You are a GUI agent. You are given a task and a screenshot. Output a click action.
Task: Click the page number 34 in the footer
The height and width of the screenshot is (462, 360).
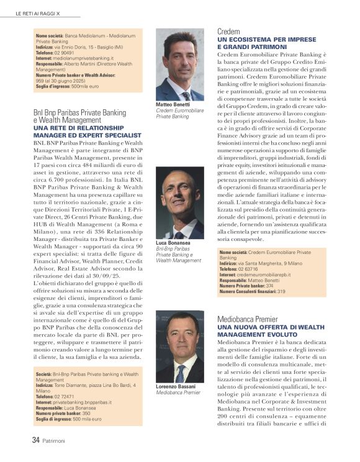click(36, 440)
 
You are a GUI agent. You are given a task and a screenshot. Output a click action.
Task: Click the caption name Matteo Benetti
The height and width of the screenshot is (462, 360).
click(174, 105)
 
